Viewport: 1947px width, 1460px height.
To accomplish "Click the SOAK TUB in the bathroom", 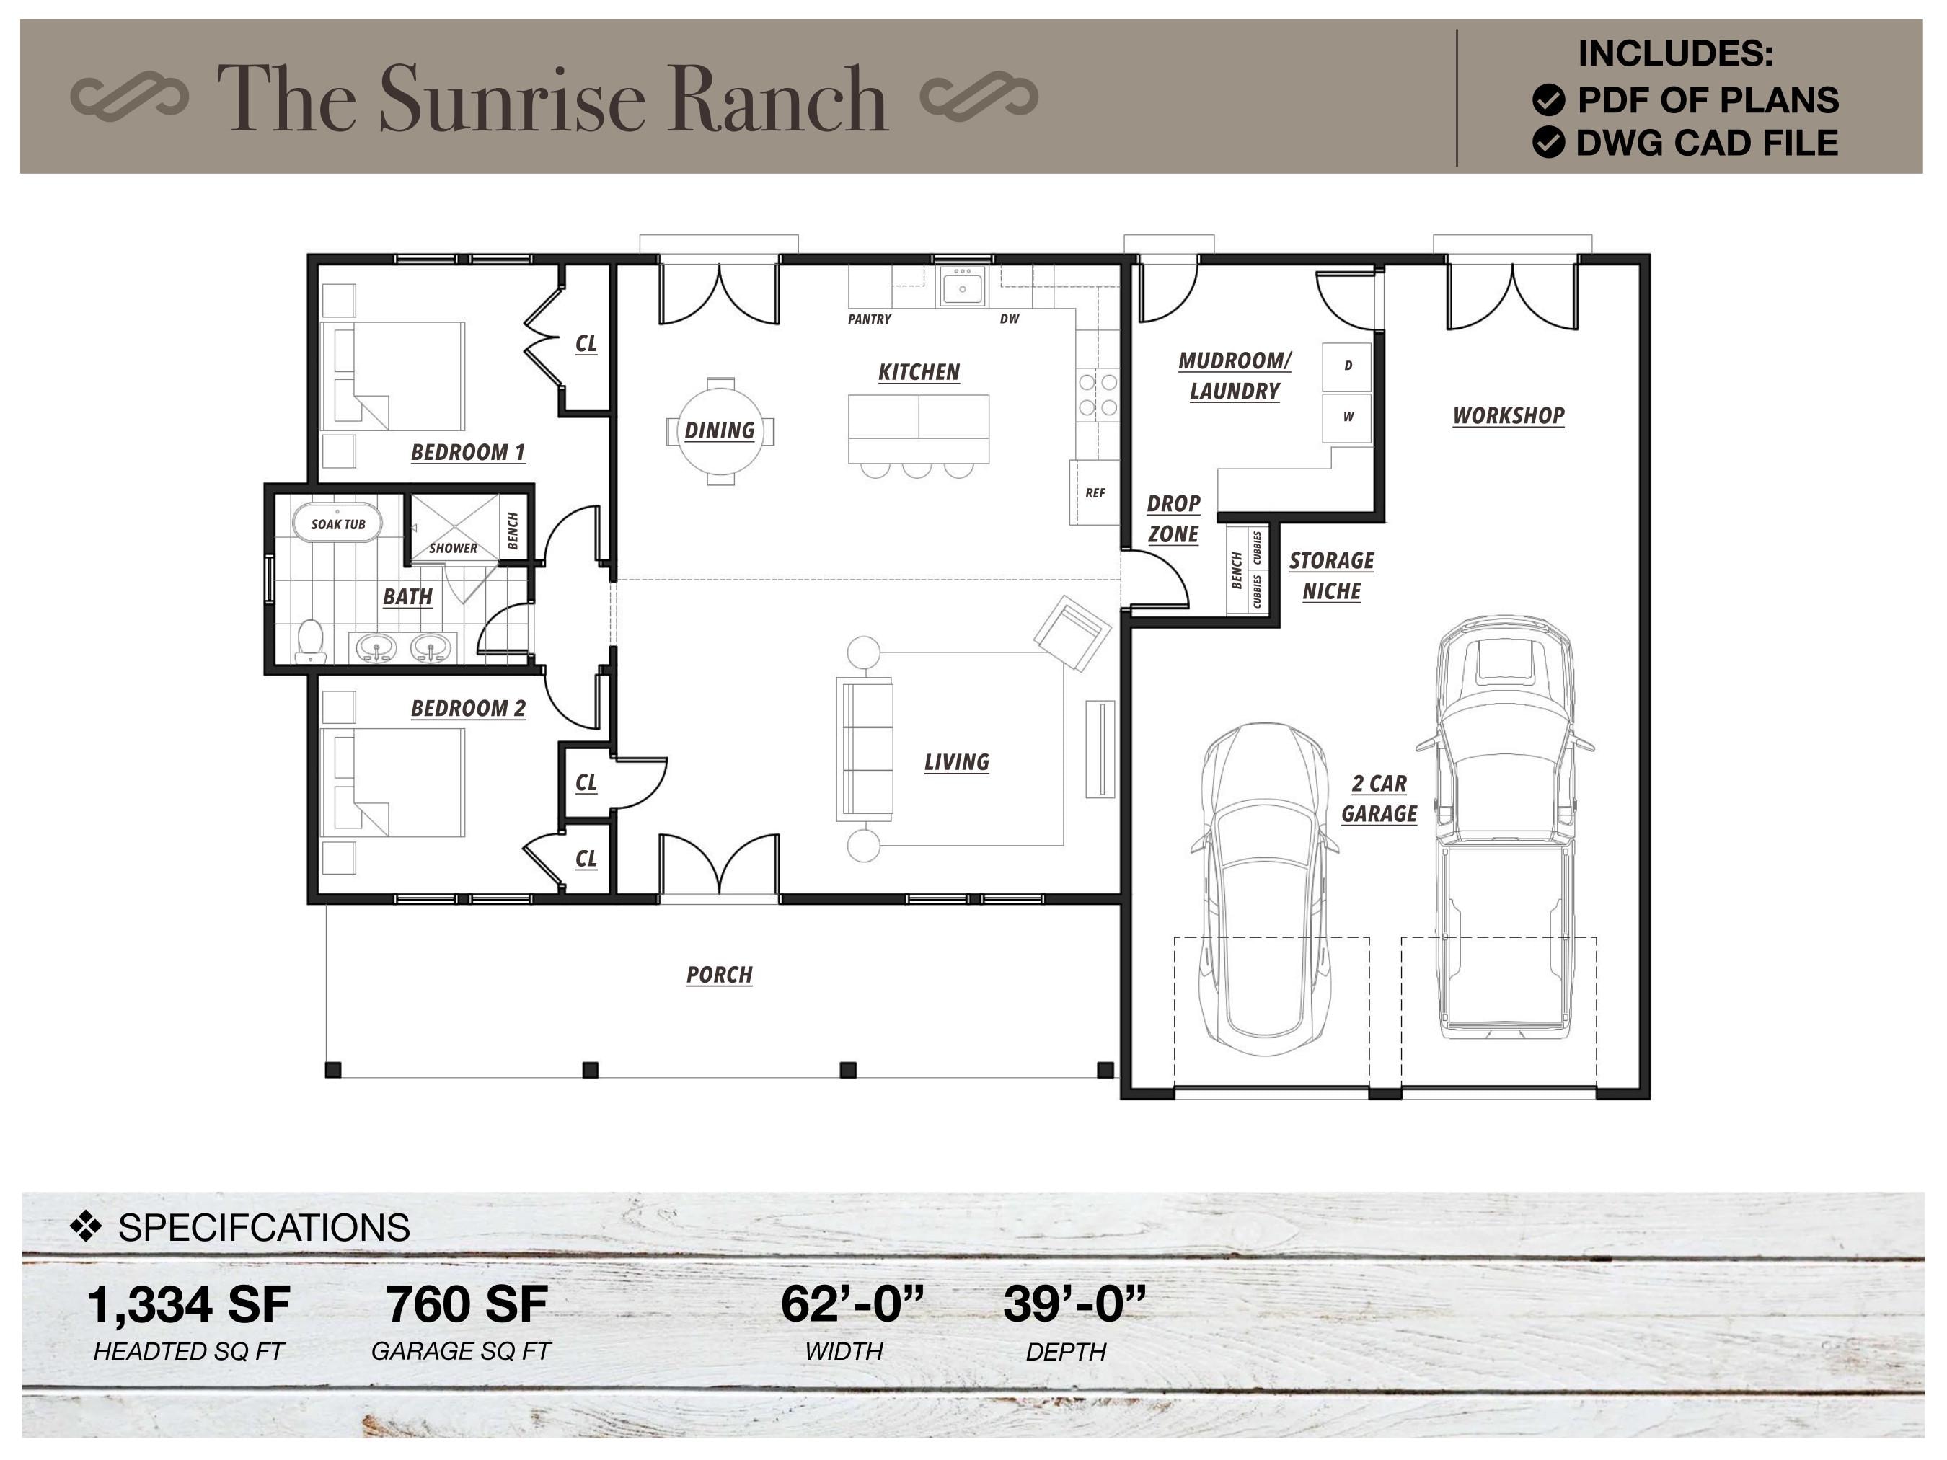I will click(337, 523).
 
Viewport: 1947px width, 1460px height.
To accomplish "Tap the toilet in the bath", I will click(310, 642).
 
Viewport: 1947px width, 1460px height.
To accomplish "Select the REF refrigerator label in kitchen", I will click(1095, 493).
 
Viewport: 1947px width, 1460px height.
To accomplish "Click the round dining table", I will click(720, 430).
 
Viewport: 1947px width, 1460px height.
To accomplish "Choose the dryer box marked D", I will click(1347, 366).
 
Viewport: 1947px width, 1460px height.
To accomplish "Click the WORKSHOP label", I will click(1508, 415).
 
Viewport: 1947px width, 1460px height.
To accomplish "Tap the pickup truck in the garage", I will click(1505, 827).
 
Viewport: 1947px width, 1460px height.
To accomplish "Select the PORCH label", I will click(719, 974).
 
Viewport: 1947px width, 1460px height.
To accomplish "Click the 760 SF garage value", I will click(467, 1304).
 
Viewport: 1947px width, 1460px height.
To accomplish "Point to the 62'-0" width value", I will click(852, 1304).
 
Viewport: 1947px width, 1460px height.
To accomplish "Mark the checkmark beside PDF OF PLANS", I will click(1548, 100).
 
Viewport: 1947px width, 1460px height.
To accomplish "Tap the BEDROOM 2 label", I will click(467, 709).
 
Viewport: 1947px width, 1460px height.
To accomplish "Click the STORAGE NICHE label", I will click(1331, 575).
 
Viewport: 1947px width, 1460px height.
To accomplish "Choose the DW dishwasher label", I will click(1009, 319).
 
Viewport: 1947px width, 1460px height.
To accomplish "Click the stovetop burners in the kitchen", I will click(1098, 394).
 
